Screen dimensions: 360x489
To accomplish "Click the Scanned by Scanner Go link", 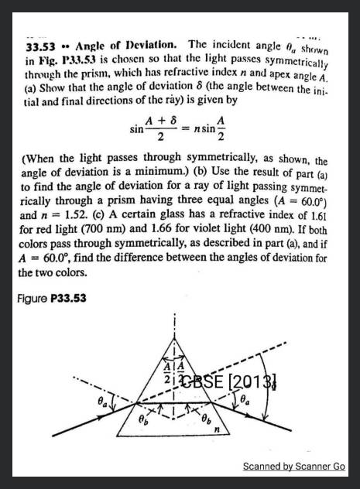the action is tap(294, 467).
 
